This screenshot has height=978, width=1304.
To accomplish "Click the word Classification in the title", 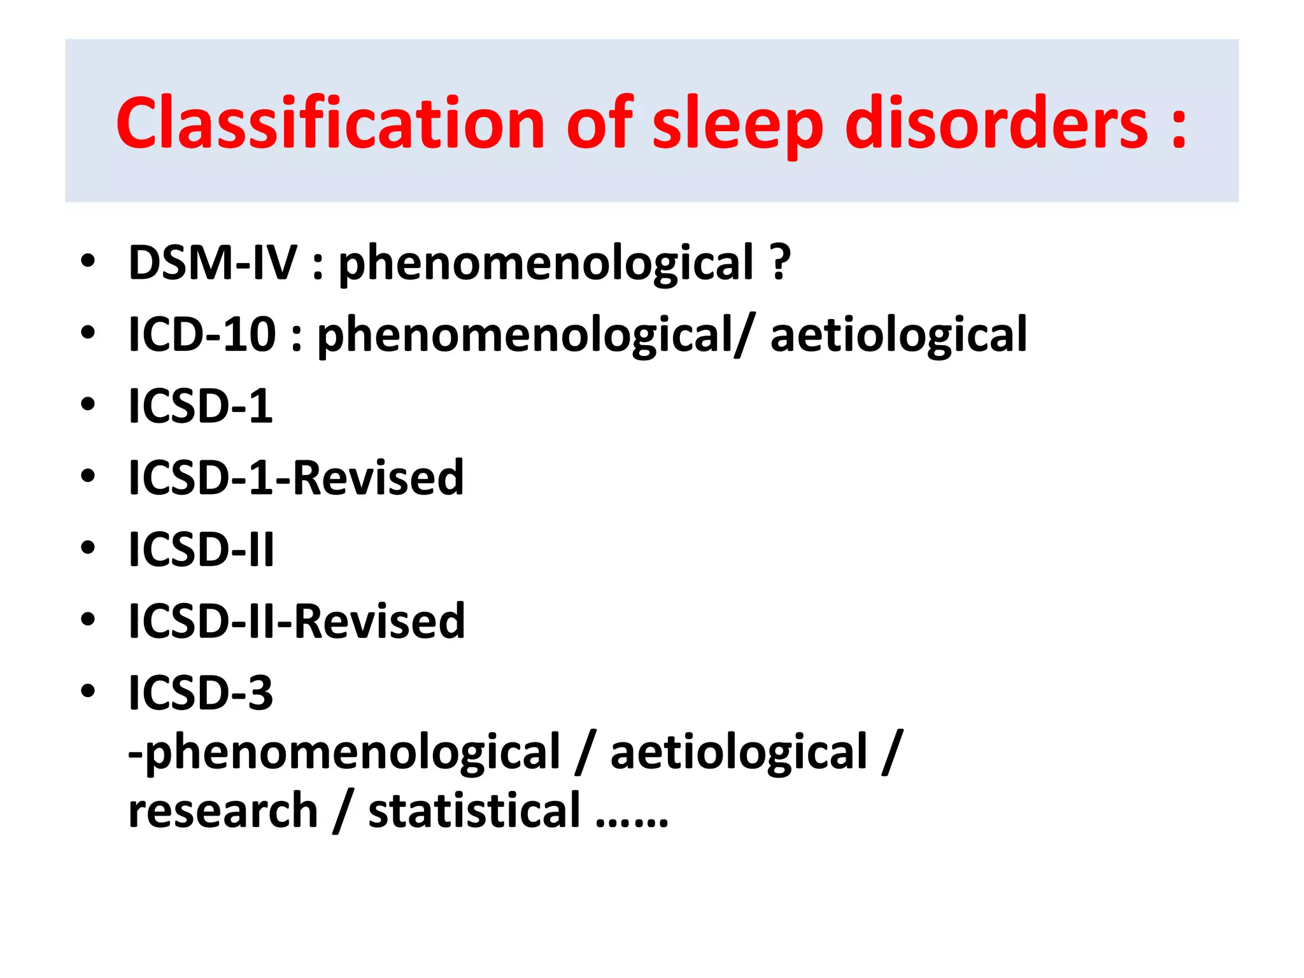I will pos(330,122).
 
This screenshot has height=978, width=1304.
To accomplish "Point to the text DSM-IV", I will pos(213,262).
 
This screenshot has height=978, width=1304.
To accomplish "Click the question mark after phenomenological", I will pos(780,262).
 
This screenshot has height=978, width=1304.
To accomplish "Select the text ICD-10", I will pos(202,334).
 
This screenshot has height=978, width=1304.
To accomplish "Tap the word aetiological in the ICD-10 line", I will pos(898,334).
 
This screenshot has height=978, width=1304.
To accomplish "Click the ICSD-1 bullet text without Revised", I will pos(201,406).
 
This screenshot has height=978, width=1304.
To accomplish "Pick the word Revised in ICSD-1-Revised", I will pos(378,478).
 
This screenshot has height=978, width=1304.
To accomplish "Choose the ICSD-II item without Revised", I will pos(201,549).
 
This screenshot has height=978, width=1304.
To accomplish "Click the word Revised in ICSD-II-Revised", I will pos(379,621).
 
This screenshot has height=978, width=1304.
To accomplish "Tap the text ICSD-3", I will pos(201,693).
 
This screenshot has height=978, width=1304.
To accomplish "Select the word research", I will pos(223,811).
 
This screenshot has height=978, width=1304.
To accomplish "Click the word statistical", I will pos(474,811).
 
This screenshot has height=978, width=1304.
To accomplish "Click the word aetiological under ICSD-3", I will pos(739,752).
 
